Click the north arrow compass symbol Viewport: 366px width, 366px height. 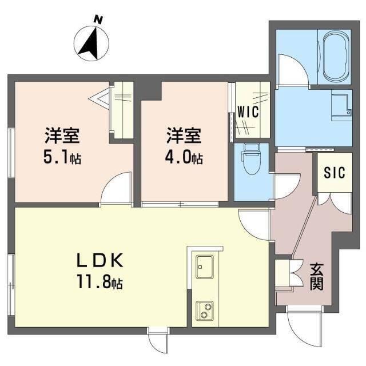91,43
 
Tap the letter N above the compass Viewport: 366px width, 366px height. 98,20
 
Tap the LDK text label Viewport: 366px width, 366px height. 100,260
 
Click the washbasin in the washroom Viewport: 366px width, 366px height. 342,105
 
